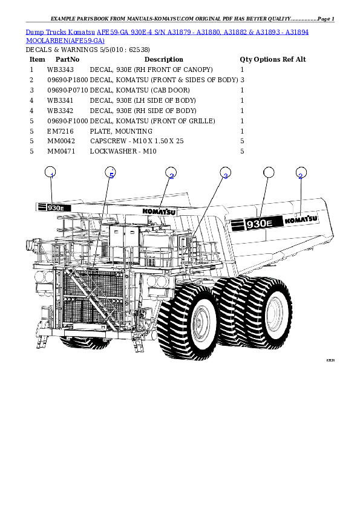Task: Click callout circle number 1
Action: [x=51, y=173]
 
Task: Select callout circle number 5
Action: [x=110, y=173]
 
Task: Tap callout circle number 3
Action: [x=224, y=173]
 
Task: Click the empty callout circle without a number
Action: [x=269, y=173]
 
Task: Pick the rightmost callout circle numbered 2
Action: [x=300, y=173]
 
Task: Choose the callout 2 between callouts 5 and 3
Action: [x=171, y=173]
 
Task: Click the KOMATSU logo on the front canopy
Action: [x=159, y=212]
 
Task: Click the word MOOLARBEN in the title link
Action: [x=47, y=40]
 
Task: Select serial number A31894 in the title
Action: [x=296, y=31]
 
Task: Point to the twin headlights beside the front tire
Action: [x=160, y=282]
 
